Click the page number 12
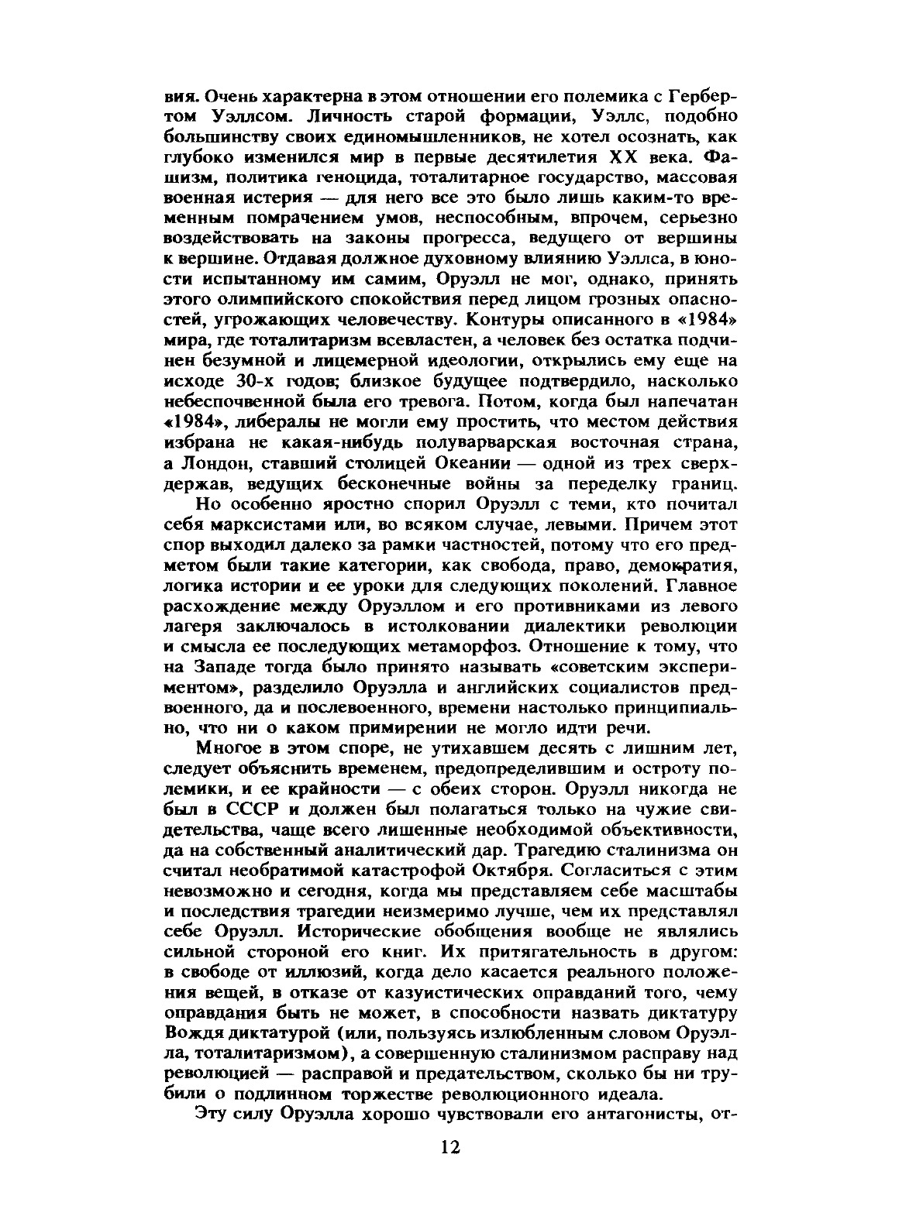(x=450, y=1146)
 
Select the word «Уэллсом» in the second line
(x=250, y=117)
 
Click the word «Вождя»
(x=194, y=1034)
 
